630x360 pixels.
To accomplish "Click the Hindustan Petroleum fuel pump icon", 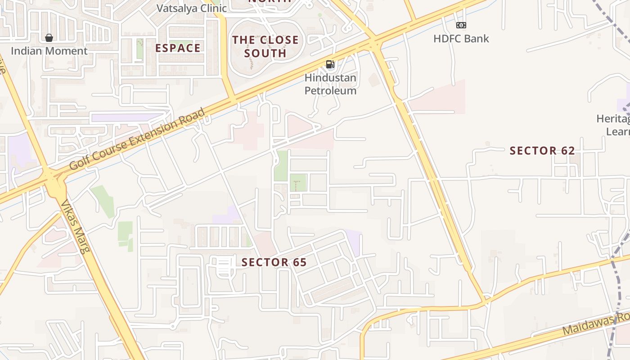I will (x=330, y=64).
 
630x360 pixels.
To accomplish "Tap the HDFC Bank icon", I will (x=461, y=25).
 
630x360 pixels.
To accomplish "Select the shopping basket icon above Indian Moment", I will (x=49, y=38).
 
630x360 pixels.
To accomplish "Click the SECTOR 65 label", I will (x=274, y=262).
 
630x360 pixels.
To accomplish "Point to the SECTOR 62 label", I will (x=542, y=151).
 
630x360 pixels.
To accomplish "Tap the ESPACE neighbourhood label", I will (x=178, y=48).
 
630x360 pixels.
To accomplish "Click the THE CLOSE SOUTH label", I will (x=265, y=46).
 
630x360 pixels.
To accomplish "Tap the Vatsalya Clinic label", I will (x=192, y=8).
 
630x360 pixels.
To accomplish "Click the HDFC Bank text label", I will (x=461, y=39).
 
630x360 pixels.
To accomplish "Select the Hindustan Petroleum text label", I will (x=330, y=84).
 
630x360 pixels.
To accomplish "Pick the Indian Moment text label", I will (x=49, y=51).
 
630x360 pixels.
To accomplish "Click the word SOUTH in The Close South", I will (x=265, y=53).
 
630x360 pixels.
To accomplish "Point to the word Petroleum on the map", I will (x=330, y=90).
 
